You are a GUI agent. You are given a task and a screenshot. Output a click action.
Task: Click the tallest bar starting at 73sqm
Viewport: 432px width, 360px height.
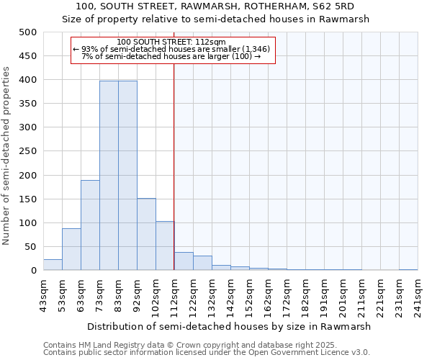pyautogui.click(x=109, y=176)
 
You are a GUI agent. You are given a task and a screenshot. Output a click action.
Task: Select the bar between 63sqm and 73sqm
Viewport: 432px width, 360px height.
pyautogui.click(x=90, y=225)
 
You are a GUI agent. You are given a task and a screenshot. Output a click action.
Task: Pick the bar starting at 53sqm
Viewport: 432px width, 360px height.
pyautogui.click(x=71, y=249)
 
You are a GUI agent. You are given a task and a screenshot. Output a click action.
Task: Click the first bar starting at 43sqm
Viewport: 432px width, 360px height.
pyautogui.click(x=53, y=264)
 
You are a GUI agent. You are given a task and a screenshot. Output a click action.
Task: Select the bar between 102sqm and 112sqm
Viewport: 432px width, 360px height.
pyautogui.click(x=165, y=246)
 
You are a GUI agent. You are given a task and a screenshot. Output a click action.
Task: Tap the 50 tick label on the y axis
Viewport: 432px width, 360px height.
pyautogui.click(x=30, y=247)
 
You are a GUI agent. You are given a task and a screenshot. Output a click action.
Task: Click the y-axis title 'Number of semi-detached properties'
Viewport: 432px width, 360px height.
pyautogui.click(x=7, y=156)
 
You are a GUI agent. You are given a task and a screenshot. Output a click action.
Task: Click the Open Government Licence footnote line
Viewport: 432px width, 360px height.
pyautogui.click(x=207, y=352)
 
